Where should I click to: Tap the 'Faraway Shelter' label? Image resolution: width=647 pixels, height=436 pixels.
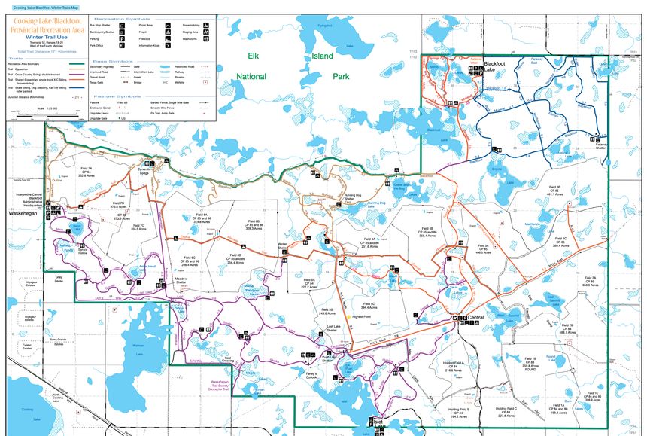point(600,146)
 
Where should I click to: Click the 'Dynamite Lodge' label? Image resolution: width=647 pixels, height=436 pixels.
point(144,171)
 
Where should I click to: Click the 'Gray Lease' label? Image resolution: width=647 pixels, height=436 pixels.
point(59,278)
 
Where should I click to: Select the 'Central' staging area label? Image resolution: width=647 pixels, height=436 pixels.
point(475,318)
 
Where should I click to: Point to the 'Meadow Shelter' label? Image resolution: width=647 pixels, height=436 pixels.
point(181,281)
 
